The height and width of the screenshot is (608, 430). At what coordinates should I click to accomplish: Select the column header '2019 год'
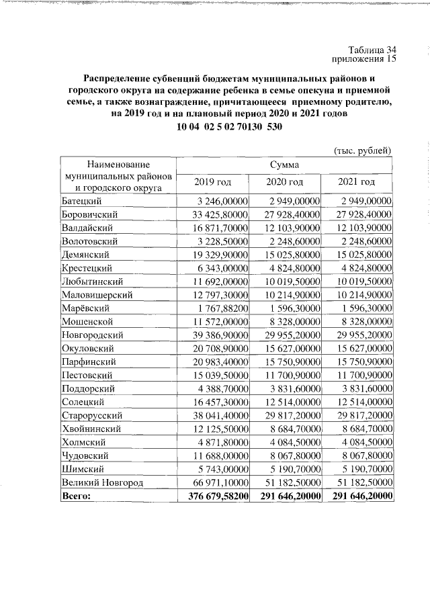click(x=212, y=181)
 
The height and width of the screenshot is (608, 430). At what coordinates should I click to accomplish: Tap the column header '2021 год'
click(x=357, y=181)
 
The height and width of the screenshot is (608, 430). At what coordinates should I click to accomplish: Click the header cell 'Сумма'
click(x=285, y=164)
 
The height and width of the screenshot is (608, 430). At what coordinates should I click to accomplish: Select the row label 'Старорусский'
click(x=91, y=415)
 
